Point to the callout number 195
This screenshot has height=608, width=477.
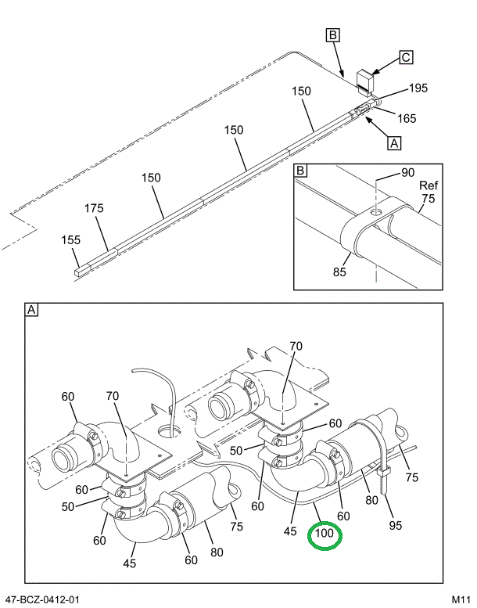[418, 88]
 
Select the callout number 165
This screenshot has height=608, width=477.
[406, 118]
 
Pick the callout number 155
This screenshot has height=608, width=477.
[71, 240]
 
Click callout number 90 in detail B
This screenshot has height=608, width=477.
[407, 172]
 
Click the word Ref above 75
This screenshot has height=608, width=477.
[429, 185]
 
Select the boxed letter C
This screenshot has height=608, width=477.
[406, 57]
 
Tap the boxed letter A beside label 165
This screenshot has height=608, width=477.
[394, 142]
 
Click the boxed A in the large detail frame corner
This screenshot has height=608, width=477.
[32, 311]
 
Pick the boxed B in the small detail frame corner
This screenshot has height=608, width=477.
[301, 171]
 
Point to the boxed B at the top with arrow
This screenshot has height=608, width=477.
[332, 34]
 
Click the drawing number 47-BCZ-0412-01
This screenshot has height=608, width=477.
[41, 599]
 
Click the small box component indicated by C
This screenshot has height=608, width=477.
[364, 79]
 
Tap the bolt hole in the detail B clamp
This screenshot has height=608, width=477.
[377, 211]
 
